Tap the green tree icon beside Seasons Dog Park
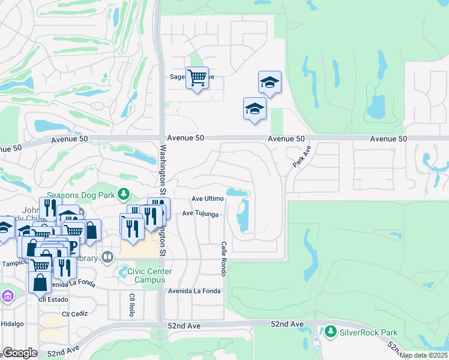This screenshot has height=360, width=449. [123, 194]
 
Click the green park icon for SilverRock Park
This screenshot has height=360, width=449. [330, 331]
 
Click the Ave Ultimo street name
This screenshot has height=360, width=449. [208, 199]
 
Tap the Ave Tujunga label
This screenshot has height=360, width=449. [200, 213]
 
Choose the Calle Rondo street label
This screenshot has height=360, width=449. [223, 259]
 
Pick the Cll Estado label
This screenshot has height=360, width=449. [51, 298]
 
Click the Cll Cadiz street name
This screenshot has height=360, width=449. [74, 314]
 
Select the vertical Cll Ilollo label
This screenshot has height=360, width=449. [132, 305]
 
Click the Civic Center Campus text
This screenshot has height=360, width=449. [149, 275]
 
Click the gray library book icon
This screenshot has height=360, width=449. [107, 257]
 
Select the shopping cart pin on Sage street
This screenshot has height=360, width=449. [197, 78]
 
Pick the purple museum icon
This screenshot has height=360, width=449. [7, 296]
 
